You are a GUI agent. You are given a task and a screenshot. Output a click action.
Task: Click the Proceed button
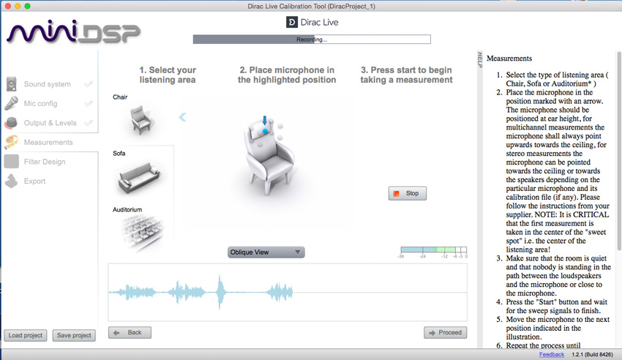coord(445,332)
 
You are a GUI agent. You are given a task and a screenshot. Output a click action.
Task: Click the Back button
coord(130,332)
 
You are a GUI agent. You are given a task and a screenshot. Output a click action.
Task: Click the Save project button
coord(74,335)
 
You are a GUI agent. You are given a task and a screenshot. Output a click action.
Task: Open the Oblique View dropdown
coord(266,252)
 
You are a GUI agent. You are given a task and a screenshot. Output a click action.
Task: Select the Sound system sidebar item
coord(47,84)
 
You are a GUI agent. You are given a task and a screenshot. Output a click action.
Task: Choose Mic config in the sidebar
coord(40,103)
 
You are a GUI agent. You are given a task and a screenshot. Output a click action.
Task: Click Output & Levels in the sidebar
coord(50,123)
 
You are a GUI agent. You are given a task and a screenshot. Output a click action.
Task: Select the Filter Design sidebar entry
coord(44,162)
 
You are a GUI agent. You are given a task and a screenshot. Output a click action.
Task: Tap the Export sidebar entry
coord(34,181)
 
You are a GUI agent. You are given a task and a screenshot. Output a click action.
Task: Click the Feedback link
coord(552,354)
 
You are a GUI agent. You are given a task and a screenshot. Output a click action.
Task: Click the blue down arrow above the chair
coord(265,120)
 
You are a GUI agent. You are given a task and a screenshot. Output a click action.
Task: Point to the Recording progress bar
coord(312,40)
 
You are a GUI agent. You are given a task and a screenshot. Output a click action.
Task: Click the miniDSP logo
coord(73,33)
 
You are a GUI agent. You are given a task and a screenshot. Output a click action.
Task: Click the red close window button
coord(7,6)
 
